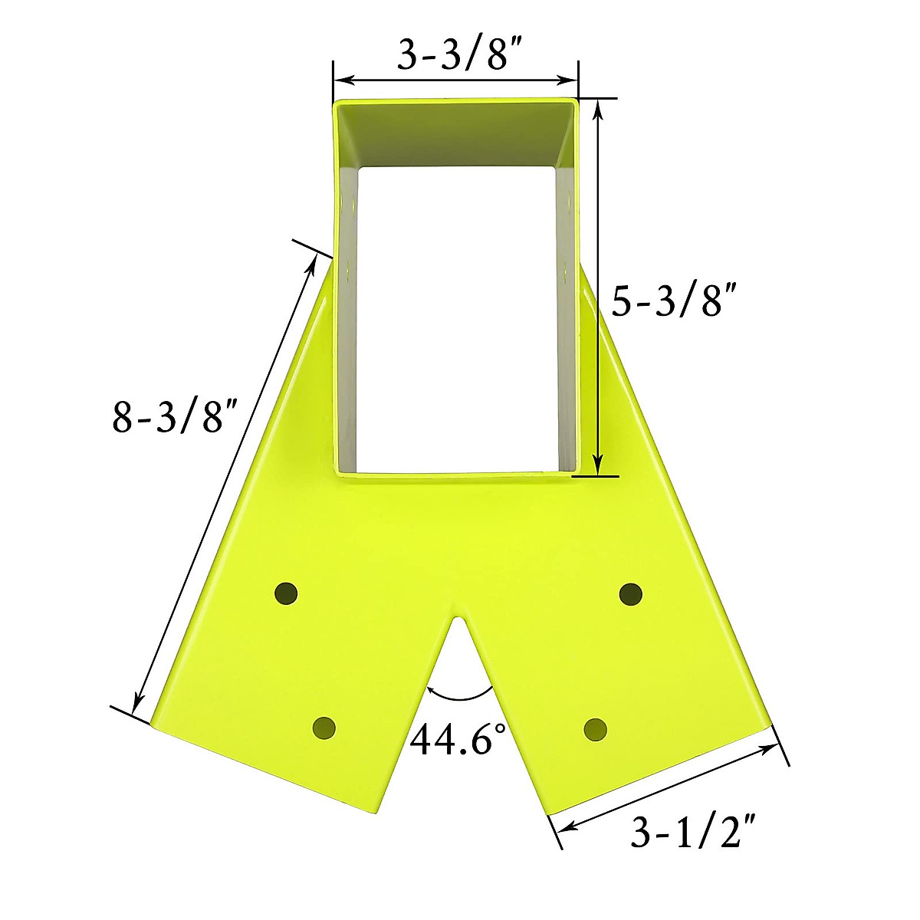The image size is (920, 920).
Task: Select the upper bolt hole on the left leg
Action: tap(286, 593)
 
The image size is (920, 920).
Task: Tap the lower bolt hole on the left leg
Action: tap(324, 727)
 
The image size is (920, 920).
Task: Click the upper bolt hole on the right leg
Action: tap(630, 593)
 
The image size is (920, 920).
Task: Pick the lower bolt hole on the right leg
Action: tap(595, 728)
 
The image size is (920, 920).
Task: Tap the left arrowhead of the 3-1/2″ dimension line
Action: tap(564, 827)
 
